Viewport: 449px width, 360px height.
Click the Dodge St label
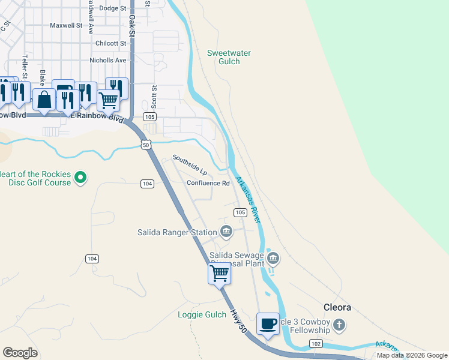point(112,8)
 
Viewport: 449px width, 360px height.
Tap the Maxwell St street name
point(66,26)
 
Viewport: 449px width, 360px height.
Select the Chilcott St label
point(111,43)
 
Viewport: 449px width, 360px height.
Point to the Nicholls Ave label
point(108,61)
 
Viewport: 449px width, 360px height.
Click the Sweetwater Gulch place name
point(229,58)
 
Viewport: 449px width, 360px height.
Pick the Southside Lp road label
point(190,165)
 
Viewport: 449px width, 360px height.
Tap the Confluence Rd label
point(208,184)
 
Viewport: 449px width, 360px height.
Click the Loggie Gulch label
point(202,314)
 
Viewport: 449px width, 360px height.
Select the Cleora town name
point(337,307)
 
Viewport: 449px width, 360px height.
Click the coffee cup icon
point(268,323)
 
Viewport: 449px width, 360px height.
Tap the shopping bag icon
point(45,100)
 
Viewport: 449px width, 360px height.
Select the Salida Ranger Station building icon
point(226,231)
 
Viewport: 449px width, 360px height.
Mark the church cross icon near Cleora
point(340,326)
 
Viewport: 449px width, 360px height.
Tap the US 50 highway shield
point(146,145)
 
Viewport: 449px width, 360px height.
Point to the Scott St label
point(154,95)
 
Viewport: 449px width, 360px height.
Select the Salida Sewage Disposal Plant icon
point(273,258)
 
